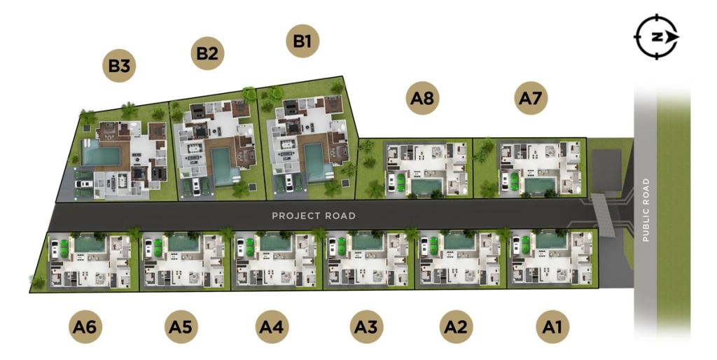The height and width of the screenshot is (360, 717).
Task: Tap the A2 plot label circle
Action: [x=456, y=326]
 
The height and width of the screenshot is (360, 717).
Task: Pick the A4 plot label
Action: [x=272, y=326]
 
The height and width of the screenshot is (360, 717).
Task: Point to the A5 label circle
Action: [x=181, y=326]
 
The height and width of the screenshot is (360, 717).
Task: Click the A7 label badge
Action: [x=531, y=98]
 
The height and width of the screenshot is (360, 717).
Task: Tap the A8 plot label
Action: [x=422, y=98]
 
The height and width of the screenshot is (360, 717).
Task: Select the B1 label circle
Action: [x=302, y=41]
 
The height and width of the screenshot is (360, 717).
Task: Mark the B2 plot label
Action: [x=207, y=53]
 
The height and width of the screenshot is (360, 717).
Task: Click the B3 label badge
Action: [x=119, y=65]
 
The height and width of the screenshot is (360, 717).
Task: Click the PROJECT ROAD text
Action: [x=314, y=216]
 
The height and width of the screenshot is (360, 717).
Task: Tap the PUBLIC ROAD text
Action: [x=646, y=210]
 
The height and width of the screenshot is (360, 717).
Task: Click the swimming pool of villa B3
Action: [x=100, y=153]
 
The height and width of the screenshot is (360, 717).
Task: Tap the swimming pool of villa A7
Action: [x=540, y=186]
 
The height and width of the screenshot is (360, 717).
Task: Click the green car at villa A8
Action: [x=401, y=181]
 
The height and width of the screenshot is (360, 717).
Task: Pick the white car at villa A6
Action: [x=55, y=249]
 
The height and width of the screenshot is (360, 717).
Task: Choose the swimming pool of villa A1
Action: [x=551, y=241]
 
